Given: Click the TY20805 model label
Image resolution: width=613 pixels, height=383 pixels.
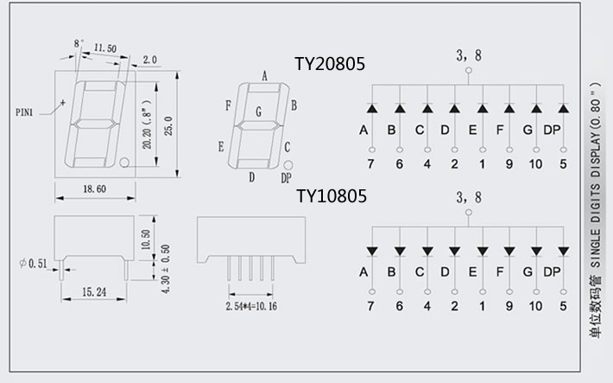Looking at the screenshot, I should tap(331, 63).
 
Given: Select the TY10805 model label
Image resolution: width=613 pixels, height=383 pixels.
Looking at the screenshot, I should tap(331, 196).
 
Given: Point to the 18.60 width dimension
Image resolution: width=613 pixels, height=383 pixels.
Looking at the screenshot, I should tap(96, 188).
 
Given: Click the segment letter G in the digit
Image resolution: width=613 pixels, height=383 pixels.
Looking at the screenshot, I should tap(258, 112).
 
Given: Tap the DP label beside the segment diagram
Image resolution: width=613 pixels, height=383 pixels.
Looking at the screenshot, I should tap(286, 177).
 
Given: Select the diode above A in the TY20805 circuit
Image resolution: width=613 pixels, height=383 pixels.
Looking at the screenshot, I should tap(371, 109).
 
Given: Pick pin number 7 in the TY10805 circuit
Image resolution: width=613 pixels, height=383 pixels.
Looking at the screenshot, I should tap(371, 305).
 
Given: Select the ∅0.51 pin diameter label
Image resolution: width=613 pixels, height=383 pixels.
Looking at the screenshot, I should tap(30, 263).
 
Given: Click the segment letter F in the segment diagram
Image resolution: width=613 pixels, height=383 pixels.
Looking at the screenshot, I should tap(228, 105).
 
